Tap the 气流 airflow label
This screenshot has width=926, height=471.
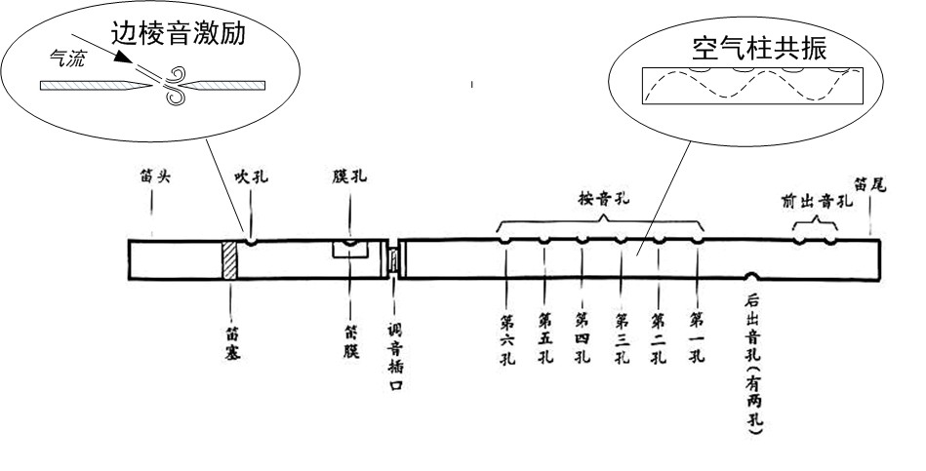68,58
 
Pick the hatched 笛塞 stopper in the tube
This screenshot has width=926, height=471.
229,260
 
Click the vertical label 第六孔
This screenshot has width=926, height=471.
507,337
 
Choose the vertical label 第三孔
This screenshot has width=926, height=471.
622,337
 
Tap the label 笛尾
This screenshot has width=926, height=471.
869,182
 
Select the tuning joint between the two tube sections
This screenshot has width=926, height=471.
394,260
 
